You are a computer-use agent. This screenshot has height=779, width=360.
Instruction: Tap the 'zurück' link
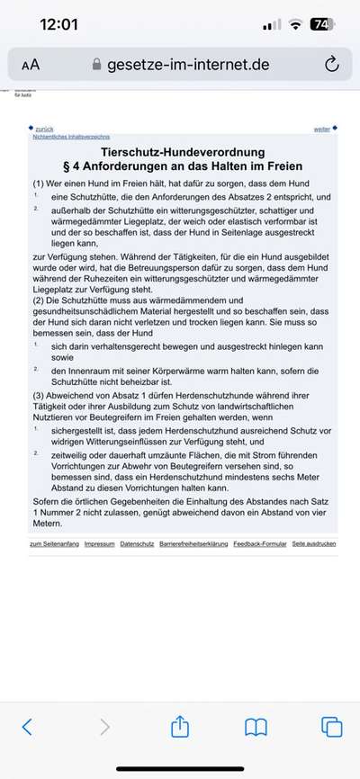[x=42, y=130]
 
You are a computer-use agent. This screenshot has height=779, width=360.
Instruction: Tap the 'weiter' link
[x=321, y=130]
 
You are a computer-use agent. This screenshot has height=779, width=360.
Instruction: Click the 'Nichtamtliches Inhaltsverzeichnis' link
[x=67, y=137]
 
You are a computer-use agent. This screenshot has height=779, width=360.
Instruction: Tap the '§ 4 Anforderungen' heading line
[x=180, y=166]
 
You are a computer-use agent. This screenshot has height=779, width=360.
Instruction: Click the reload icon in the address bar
[x=331, y=64]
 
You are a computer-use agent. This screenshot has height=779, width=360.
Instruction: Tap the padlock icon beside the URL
[x=97, y=65]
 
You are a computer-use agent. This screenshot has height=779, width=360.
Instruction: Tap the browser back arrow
[x=27, y=726]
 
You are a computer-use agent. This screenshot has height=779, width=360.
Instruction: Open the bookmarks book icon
[x=256, y=726]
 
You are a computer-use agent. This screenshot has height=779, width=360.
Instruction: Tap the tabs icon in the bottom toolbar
[x=331, y=726]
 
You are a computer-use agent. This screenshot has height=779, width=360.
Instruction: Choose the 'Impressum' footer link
[x=99, y=544]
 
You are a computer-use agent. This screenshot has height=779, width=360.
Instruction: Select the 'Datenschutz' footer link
[x=137, y=544]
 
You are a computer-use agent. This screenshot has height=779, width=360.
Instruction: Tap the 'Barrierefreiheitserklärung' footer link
[x=193, y=544]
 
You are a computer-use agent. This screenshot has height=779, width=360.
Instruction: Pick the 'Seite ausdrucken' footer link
[x=314, y=544]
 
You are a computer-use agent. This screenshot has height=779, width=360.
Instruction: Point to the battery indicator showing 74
[x=321, y=24]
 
